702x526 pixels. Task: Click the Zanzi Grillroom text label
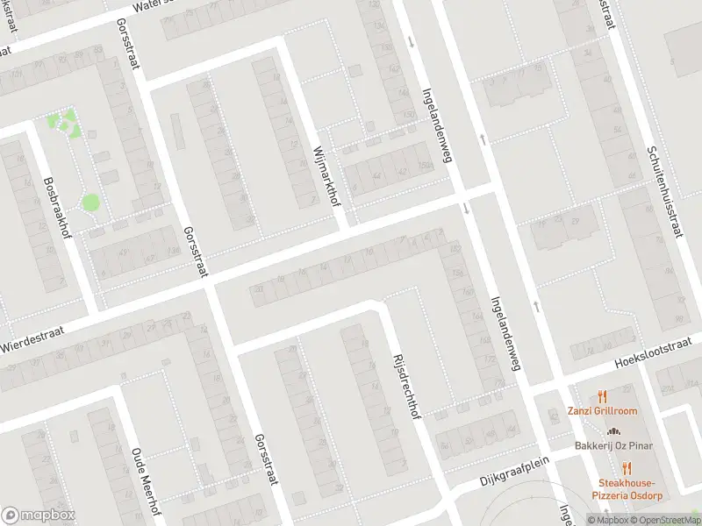pos(601,411)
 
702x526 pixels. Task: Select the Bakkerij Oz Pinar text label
pos(613,446)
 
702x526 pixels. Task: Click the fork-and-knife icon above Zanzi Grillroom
pos(601,396)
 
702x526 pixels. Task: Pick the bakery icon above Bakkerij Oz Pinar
pos(613,431)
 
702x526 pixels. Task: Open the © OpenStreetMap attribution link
pos(666,520)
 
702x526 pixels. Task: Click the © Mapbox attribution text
pos(609,520)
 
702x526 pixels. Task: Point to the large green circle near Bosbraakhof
pos(90,203)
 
